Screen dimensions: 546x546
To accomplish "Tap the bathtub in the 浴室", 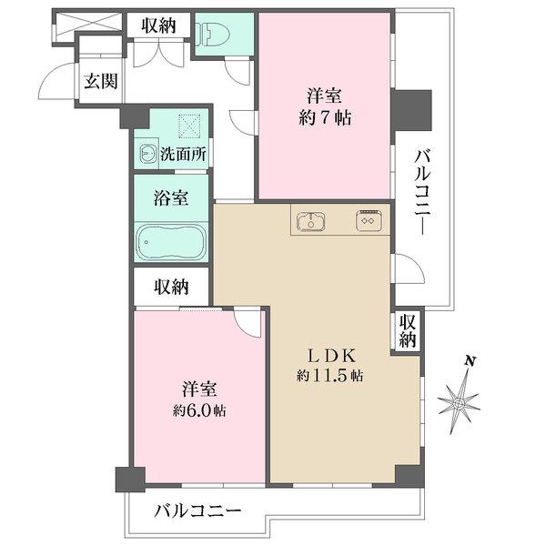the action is click(171, 242).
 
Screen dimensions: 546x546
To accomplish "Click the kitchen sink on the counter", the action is click(311, 221).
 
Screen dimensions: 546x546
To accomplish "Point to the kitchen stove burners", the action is click(369, 220).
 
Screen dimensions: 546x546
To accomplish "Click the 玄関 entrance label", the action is click(101, 82).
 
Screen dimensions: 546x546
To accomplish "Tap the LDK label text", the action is click(331, 356).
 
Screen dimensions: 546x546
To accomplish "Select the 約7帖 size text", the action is click(325, 118).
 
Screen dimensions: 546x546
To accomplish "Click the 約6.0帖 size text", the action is click(199, 411).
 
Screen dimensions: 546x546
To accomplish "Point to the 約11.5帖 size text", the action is click(330, 376).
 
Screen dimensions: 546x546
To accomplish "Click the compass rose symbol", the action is click(460, 401).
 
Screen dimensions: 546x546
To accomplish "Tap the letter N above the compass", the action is click(470, 361).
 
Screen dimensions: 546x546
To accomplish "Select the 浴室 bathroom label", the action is click(171, 198).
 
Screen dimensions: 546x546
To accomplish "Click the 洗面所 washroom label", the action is click(183, 154).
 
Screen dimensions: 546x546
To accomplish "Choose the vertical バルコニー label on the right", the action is click(422, 192).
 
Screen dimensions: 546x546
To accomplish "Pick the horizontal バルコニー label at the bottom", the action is click(197, 511).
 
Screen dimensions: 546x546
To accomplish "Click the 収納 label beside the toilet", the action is click(158, 25).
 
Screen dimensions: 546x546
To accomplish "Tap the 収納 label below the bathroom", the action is click(171, 287).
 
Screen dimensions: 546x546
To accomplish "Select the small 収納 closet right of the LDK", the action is click(408, 330).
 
